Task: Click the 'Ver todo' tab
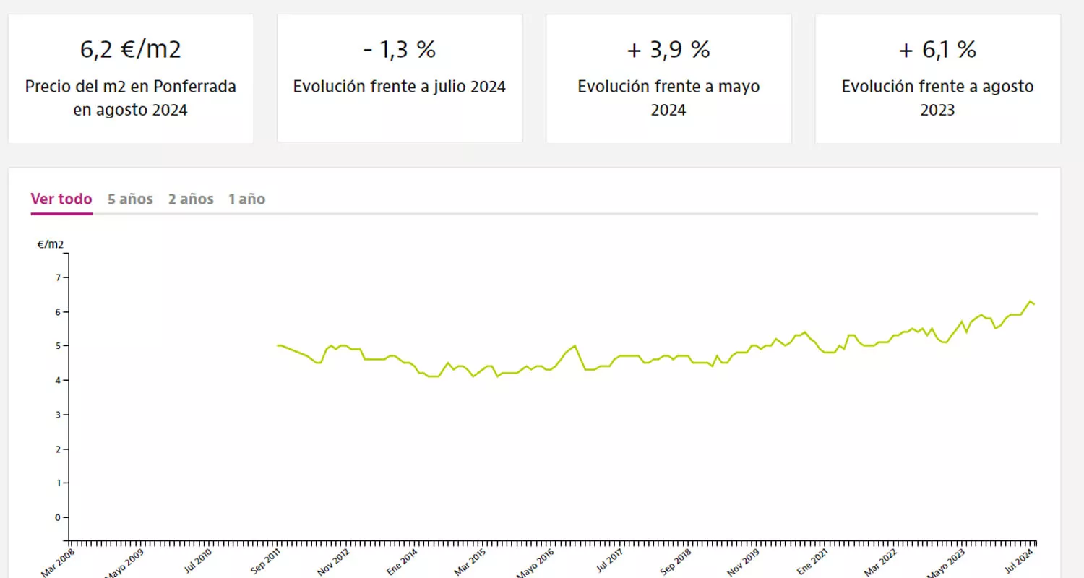(61, 199)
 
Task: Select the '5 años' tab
(130, 199)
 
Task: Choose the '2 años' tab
(191, 199)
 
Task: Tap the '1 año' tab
(246, 199)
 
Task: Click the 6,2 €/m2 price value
(130, 50)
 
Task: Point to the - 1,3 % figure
(399, 50)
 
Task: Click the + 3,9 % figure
(668, 50)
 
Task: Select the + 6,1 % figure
(937, 50)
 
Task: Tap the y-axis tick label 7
(56, 277)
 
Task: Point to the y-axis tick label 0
(56, 517)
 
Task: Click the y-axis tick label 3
(56, 415)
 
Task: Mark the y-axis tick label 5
(56, 346)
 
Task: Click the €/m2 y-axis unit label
(51, 244)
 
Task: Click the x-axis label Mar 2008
(58, 564)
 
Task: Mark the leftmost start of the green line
(278, 345)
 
